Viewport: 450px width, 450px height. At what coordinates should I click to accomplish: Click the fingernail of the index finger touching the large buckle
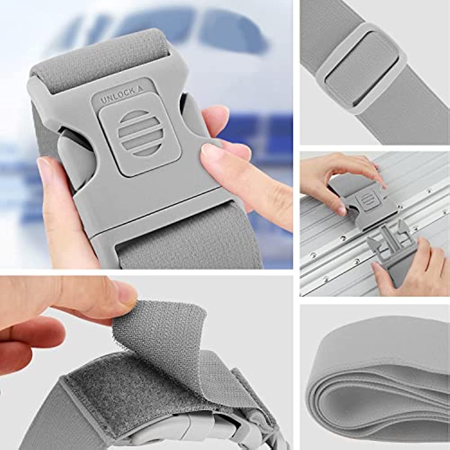pyautogui.click(x=210, y=151)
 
